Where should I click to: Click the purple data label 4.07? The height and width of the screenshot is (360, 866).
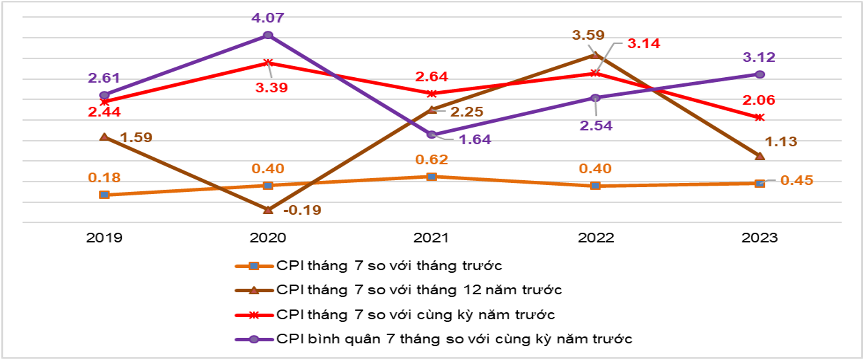point(267,18)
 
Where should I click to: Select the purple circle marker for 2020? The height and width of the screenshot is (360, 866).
point(268,35)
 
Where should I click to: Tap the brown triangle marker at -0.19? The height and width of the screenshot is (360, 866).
point(268,210)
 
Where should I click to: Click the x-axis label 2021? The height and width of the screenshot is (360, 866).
point(431,238)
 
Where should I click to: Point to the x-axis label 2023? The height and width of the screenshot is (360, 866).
point(759,238)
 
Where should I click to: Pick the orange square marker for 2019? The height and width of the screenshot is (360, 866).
point(104,194)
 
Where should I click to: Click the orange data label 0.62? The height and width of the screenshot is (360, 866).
point(431,160)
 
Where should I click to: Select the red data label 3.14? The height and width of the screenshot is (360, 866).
point(643,43)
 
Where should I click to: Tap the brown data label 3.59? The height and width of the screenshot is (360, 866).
point(588,35)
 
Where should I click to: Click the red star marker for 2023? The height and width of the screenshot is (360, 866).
point(759,118)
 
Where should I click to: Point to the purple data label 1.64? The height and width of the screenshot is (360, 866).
point(475,140)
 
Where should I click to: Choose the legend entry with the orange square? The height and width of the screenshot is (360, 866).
point(388,266)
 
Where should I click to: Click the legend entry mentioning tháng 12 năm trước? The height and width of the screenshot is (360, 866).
point(419,290)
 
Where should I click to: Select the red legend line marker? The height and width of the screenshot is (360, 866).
point(254,315)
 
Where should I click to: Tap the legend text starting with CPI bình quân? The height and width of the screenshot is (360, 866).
point(454,339)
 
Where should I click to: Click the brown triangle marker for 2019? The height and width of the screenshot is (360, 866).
point(104,137)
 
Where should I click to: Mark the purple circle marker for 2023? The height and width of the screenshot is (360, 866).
point(759,74)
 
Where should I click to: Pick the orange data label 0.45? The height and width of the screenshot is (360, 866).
point(796,180)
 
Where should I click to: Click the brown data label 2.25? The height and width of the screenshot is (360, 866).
point(466,112)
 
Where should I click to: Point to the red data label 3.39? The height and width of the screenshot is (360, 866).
point(271,88)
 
